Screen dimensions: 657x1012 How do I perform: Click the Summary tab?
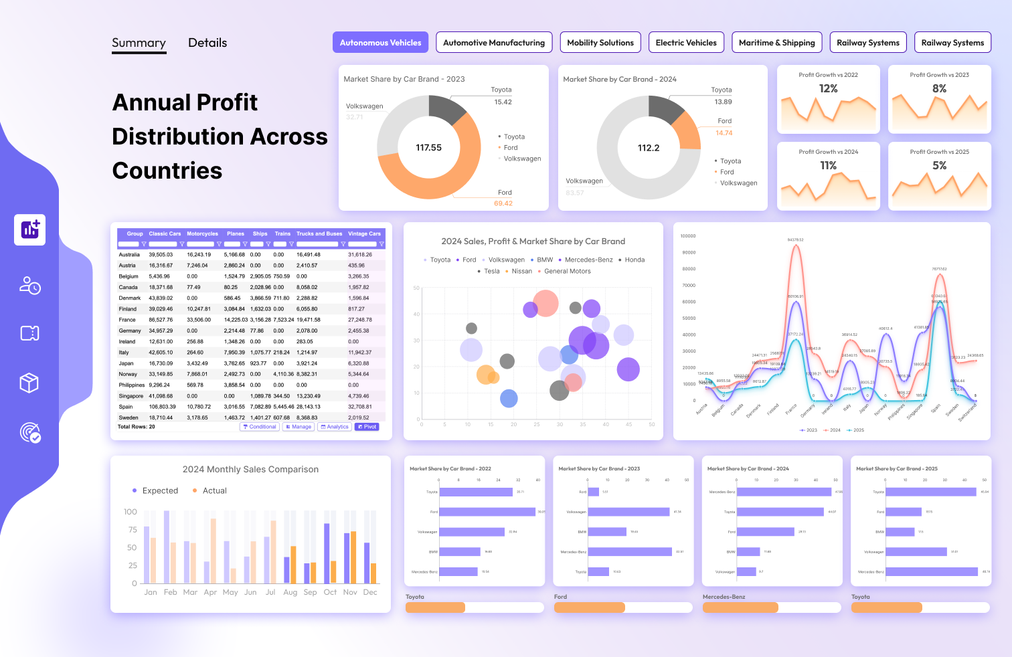point(139,43)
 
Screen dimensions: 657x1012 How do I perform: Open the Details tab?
point(207,43)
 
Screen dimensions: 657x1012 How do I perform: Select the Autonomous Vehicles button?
point(380,42)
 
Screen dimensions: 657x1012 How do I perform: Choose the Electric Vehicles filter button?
point(686,42)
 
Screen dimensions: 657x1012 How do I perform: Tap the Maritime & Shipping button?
point(776,42)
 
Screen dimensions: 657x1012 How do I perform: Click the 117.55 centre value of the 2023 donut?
point(428,148)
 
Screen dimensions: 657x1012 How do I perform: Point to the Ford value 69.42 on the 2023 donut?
point(503,203)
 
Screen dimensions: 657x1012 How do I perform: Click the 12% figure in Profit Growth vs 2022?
point(828,88)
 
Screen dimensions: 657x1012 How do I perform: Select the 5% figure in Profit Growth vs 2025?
point(939,165)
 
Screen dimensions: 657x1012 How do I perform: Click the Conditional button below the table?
point(260,427)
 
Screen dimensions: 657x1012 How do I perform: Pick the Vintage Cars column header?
point(364,234)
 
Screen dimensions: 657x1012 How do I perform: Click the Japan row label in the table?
point(126,363)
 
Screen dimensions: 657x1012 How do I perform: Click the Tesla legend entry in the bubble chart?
point(491,271)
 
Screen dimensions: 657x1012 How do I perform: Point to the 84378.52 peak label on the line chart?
point(795,240)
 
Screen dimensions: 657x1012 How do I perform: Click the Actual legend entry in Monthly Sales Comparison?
point(214,490)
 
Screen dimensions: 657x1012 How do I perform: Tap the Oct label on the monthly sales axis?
point(330,592)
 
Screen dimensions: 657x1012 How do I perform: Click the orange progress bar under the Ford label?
point(589,607)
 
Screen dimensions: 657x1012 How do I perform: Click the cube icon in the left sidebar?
point(29,383)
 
